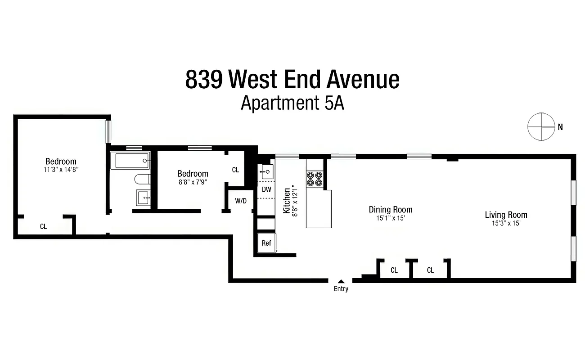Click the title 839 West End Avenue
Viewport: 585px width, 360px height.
pyautogui.click(x=292, y=80)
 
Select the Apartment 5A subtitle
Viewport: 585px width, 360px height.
pyautogui.click(x=292, y=103)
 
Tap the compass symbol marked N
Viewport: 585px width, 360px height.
pyautogui.click(x=541, y=126)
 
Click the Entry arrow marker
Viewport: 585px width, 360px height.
pyautogui.click(x=341, y=282)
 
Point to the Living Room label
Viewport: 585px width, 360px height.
pyautogui.click(x=506, y=215)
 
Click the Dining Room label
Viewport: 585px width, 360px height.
pyautogui.click(x=390, y=209)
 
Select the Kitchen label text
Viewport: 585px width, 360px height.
pyautogui.click(x=287, y=201)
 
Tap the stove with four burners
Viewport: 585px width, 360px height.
pyautogui.click(x=315, y=179)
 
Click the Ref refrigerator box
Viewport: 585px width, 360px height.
pyautogui.click(x=266, y=243)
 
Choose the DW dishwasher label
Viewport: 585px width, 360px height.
pyautogui.click(x=266, y=189)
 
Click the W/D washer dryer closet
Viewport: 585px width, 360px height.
pyautogui.click(x=241, y=201)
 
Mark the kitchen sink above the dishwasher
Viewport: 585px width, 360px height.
pyautogui.click(x=266, y=171)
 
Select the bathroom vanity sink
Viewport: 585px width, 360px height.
pyautogui.click(x=143, y=197)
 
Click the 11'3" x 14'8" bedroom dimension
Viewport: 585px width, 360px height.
pyautogui.click(x=61, y=170)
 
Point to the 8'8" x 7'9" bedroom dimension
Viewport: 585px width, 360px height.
pyautogui.click(x=193, y=182)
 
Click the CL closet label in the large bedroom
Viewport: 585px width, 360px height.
pyautogui.click(x=43, y=227)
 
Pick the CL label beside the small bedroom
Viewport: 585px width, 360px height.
pyautogui.click(x=235, y=170)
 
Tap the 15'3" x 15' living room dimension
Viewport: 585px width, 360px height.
pyautogui.click(x=506, y=223)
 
